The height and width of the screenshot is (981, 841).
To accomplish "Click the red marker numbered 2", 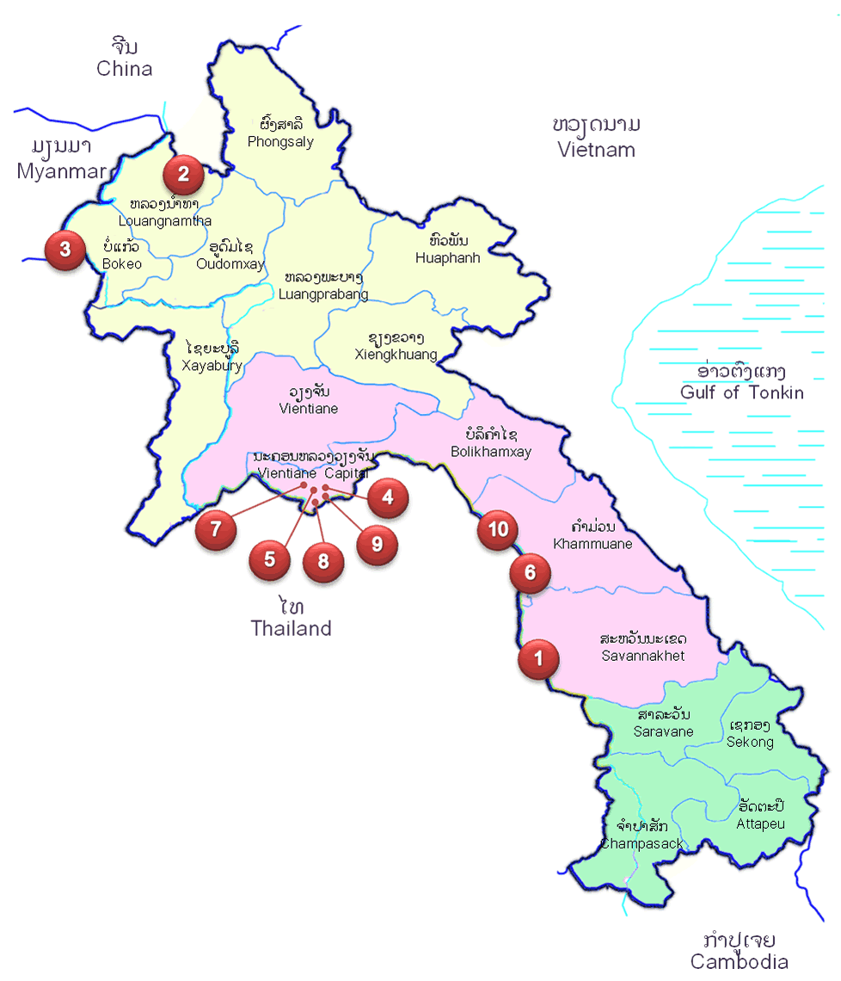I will click(x=183, y=175).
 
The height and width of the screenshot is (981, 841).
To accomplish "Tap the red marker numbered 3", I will click(x=64, y=250).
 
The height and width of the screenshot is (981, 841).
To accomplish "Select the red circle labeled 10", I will click(x=498, y=529).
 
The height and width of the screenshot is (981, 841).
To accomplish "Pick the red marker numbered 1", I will click(x=538, y=660).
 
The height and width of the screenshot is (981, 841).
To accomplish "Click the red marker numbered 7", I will click(x=216, y=529).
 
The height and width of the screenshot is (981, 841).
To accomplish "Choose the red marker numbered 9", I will click(x=376, y=544).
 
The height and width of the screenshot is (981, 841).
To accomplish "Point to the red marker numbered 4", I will click(x=386, y=497).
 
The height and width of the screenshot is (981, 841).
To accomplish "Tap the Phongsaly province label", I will click(x=280, y=142).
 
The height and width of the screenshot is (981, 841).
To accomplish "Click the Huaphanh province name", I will click(x=447, y=257).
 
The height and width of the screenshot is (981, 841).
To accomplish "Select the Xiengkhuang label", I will click(x=396, y=354).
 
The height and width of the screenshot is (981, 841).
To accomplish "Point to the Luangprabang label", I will click(x=323, y=294).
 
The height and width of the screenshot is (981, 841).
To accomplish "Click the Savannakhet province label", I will click(x=643, y=655).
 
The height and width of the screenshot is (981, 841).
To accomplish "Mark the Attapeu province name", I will click(x=760, y=824).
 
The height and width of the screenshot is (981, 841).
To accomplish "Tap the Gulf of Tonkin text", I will click(x=741, y=392).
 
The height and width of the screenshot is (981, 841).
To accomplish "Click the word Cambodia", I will click(x=739, y=962).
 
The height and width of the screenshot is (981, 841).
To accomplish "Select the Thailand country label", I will click(x=291, y=628).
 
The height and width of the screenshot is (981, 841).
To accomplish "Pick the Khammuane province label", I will click(x=592, y=544).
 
